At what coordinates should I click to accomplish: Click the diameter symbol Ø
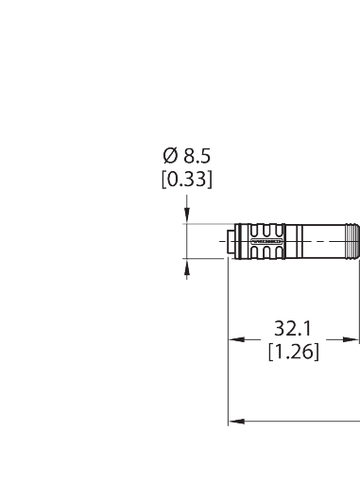click(169, 156)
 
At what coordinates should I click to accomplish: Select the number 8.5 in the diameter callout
click(196, 156)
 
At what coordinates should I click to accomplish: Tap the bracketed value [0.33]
click(187, 177)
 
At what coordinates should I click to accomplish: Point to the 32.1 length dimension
click(294, 329)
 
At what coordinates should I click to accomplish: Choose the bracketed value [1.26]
click(294, 353)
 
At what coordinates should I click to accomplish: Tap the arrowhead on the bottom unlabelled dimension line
click(234, 423)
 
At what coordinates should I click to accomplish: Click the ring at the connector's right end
click(354, 243)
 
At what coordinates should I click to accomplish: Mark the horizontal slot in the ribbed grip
click(266, 243)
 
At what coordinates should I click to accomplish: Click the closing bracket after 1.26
click(317, 353)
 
